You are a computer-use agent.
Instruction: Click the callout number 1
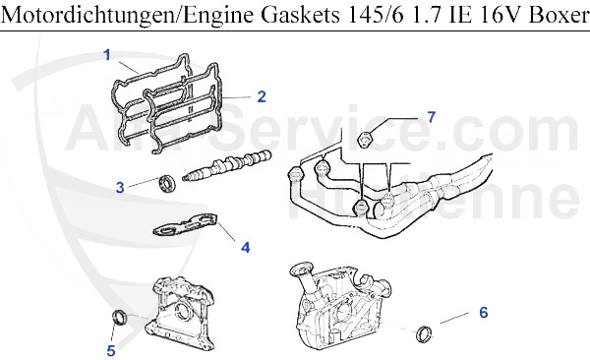[x=107, y=55]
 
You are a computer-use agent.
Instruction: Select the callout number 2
[x=262, y=96]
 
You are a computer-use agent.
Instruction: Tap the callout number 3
[x=119, y=186]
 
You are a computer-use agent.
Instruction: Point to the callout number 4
[x=245, y=247]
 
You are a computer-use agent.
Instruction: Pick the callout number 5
[x=111, y=348]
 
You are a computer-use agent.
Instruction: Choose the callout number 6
[x=483, y=314]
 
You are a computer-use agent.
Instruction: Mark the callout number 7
[x=430, y=117]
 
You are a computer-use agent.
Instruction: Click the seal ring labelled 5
[x=118, y=319]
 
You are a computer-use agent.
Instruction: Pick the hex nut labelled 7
[x=367, y=138]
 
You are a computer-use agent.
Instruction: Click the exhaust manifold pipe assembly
[x=393, y=192]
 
